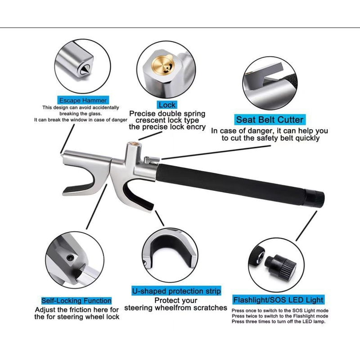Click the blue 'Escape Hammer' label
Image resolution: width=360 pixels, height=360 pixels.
[83, 100]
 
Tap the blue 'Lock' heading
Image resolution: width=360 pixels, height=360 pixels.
[167, 105]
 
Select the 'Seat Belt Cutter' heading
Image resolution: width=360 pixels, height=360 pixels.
[270, 120]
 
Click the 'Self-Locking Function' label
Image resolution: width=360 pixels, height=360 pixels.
[76, 301]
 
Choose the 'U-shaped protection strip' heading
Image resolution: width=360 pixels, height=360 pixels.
[176, 291]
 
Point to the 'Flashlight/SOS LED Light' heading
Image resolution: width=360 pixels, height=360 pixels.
[278, 300]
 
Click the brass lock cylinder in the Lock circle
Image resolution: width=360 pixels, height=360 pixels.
[163, 66]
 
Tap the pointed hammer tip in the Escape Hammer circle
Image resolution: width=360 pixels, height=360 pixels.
[85, 69]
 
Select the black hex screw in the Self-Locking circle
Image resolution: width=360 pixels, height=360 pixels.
[70, 257]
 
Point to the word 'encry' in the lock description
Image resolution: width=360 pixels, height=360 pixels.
[196, 127]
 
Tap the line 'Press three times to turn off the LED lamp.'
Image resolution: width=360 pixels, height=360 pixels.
[279, 321]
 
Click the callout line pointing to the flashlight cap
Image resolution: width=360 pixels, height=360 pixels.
[306, 226]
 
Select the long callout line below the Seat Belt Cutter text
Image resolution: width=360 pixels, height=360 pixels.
[216, 152]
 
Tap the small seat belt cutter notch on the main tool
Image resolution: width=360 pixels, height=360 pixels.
[151, 160]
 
